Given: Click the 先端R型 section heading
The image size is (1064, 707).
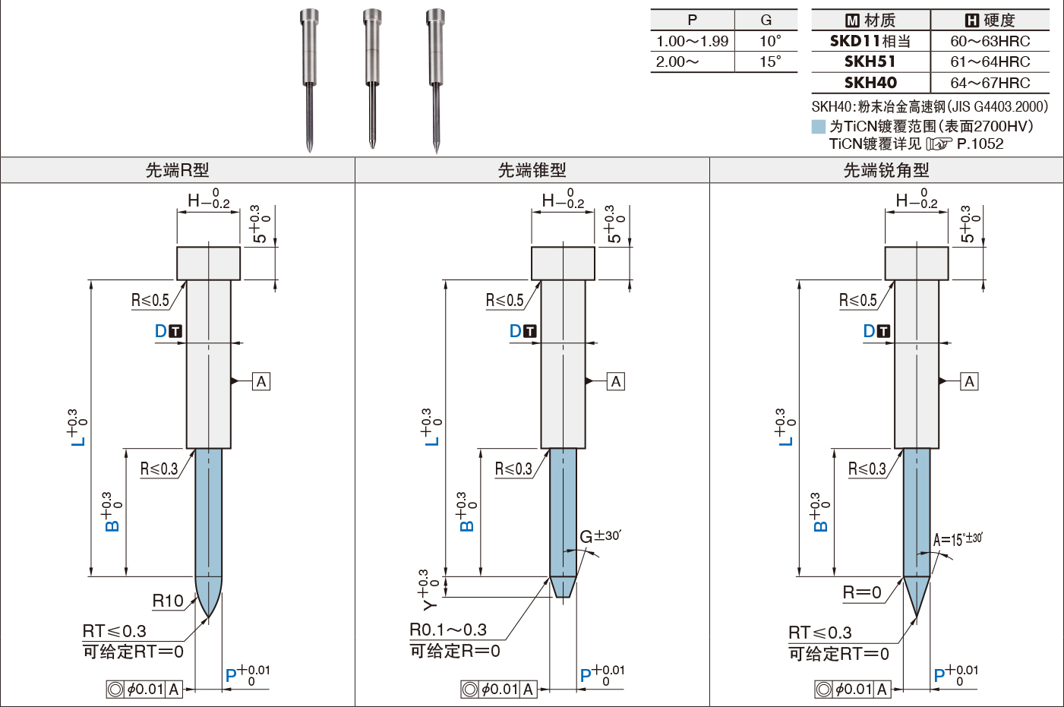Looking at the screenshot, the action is click(177, 170).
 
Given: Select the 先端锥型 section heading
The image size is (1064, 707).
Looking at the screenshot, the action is click(532, 170).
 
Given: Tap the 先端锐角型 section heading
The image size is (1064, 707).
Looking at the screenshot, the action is click(886, 170).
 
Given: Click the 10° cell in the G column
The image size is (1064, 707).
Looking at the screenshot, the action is click(770, 41).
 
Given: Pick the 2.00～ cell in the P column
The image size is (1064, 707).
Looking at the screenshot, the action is click(677, 62).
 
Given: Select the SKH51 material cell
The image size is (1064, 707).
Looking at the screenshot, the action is click(870, 62).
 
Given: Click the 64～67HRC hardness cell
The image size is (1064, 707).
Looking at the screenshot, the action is click(990, 83).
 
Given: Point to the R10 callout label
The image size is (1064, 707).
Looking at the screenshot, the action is click(168, 601).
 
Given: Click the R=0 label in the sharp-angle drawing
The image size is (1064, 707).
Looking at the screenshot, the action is click(862, 592).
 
